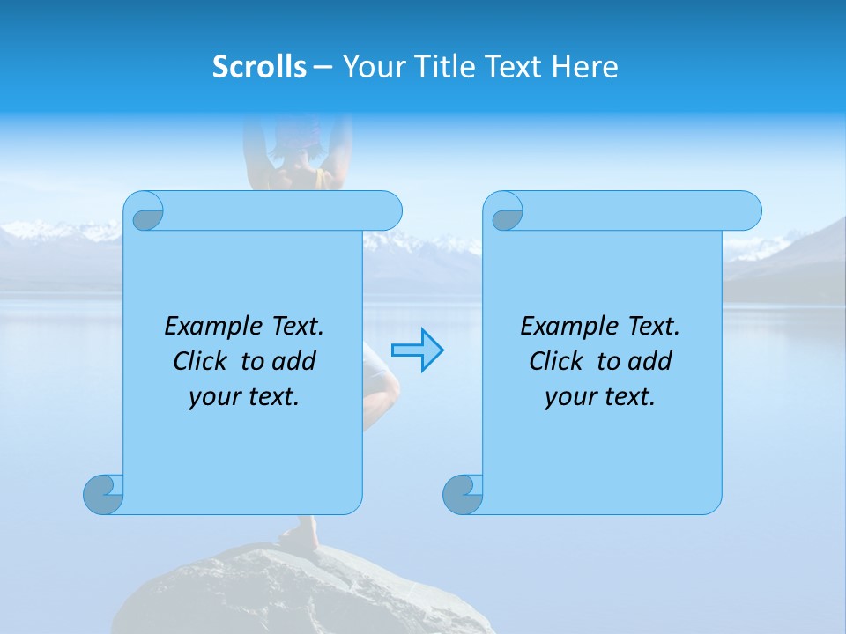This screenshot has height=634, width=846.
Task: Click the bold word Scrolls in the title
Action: pos(259,67)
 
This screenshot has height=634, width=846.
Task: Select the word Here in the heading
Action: pos(584,67)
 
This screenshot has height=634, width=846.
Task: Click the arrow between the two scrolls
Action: pos(417,350)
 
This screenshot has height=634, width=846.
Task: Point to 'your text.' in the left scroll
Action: pos(244,396)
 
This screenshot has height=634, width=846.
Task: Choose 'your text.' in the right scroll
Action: pos(600,396)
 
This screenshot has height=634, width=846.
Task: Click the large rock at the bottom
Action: pos(300,594)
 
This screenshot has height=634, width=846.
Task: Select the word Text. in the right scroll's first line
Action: pos(653,327)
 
